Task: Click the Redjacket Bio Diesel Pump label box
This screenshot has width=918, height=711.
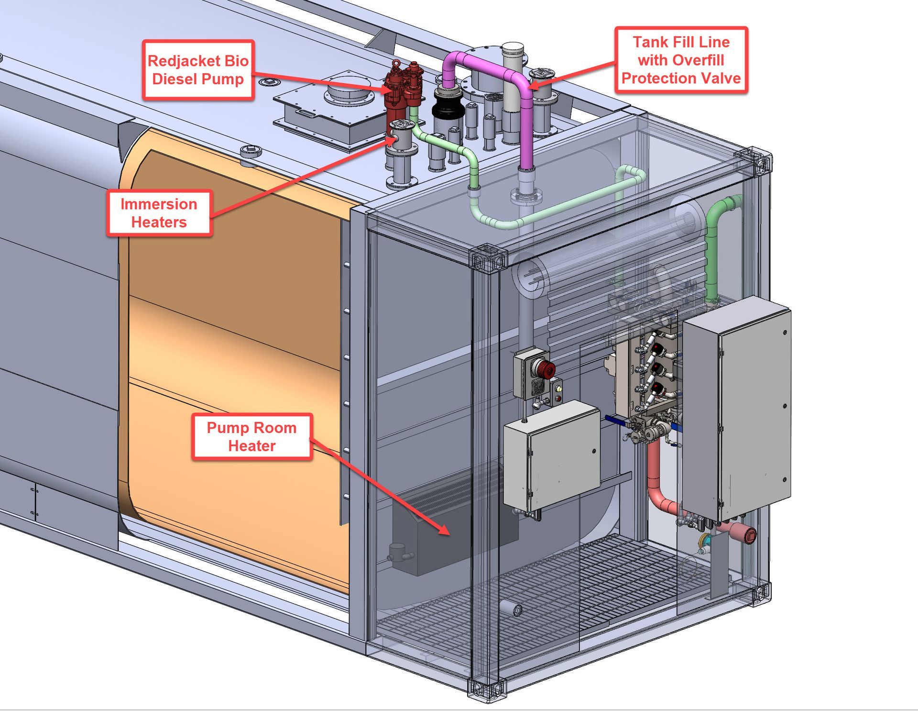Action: click(198, 70)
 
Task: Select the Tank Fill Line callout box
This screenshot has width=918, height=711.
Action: click(681, 60)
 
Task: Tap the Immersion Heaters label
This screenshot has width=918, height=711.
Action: click(159, 213)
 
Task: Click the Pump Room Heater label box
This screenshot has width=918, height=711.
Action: click(251, 437)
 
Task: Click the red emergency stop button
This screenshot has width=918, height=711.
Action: click(543, 368)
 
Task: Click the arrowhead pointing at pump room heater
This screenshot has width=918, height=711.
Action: click(445, 531)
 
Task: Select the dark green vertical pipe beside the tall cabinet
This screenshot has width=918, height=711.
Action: click(712, 254)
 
